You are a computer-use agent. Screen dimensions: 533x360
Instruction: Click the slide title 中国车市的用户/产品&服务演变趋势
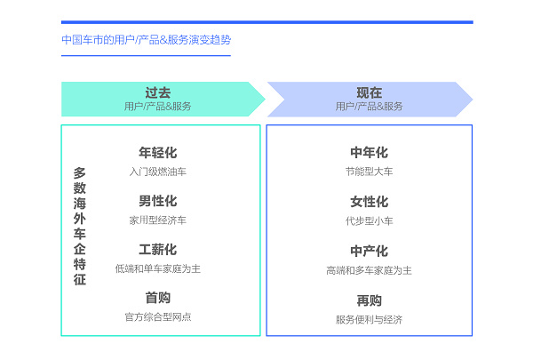click(147, 40)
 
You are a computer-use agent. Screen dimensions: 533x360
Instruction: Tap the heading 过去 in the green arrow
click(158, 92)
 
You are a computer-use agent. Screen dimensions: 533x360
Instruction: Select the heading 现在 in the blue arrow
click(370, 92)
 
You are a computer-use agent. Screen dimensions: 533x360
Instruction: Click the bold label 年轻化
click(158, 153)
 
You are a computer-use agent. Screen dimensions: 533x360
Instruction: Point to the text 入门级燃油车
click(158, 172)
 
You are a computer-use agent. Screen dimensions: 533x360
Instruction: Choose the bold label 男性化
click(158, 201)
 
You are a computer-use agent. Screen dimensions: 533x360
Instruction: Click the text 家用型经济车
click(158, 220)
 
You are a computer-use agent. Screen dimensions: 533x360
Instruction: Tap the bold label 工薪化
click(158, 250)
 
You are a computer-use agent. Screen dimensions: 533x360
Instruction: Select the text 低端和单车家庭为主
click(158, 268)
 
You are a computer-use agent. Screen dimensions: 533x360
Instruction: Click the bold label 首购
click(158, 298)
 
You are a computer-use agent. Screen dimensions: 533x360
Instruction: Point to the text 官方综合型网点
click(158, 317)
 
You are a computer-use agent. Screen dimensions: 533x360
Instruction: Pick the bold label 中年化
click(370, 153)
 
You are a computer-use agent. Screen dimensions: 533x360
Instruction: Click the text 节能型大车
click(370, 172)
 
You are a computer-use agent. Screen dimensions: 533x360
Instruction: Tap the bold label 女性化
click(370, 202)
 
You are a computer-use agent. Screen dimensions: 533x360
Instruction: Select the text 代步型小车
click(370, 221)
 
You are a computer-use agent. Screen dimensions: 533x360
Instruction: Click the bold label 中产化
click(370, 252)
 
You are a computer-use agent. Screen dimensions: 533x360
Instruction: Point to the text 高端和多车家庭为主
click(370, 270)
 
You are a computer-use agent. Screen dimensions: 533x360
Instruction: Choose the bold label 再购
click(370, 300)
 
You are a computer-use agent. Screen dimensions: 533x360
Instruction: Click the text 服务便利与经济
click(370, 320)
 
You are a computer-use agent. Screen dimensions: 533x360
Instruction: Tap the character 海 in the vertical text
click(80, 204)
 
